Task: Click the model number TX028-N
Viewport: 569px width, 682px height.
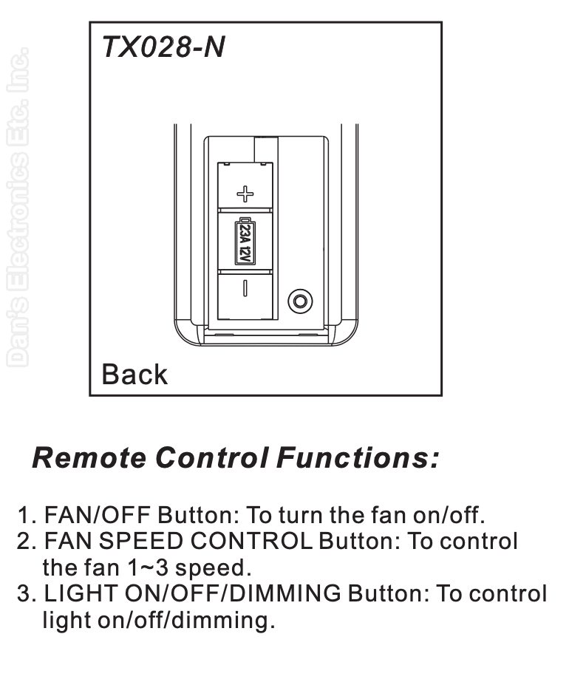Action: click(x=163, y=47)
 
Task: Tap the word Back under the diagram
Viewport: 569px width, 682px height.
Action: click(x=134, y=374)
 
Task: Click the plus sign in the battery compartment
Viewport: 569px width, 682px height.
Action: click(x=245, y=194)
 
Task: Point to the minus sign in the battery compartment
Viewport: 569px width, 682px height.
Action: click(x=245, y=288)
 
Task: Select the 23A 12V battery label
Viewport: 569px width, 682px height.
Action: click(x=245, y=242)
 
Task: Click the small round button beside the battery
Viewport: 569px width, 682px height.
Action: click(x=300, y=301)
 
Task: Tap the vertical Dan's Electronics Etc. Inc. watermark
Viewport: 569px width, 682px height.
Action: click(x=18, y=207)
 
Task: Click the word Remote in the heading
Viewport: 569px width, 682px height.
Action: click(x=89, y=458)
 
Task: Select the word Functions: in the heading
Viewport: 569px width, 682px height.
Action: click(x=357, y=458)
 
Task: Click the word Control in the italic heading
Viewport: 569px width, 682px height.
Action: click(x=211, y=458)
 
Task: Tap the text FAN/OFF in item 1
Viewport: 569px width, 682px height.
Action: click(x=98, y=515)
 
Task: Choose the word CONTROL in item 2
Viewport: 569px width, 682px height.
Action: click(x=251, y=542)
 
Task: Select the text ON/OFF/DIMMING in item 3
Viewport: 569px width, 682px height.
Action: click(x=233, y=594)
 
